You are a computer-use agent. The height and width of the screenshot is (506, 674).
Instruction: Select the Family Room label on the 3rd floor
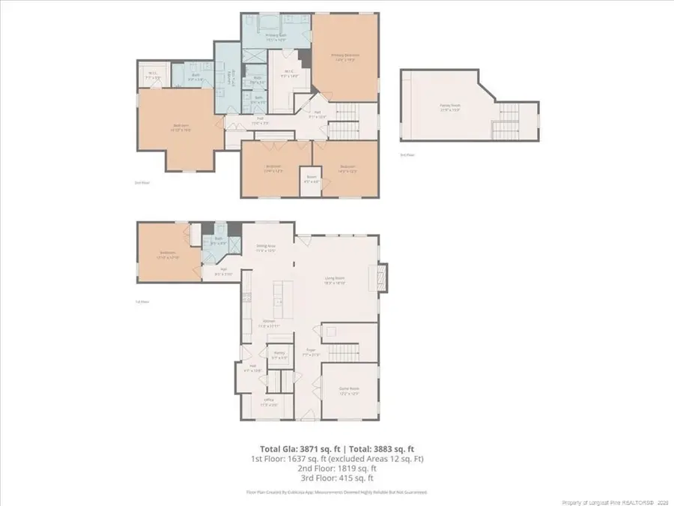pos(450,108)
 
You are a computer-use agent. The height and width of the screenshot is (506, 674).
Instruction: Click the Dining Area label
pos(267,248)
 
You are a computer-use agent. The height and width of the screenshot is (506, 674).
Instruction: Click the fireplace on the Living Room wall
pos(383,277)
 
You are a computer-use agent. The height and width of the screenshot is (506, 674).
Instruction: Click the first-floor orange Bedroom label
pos(168,255)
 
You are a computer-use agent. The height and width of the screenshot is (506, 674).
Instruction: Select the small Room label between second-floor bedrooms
pos(312,179)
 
